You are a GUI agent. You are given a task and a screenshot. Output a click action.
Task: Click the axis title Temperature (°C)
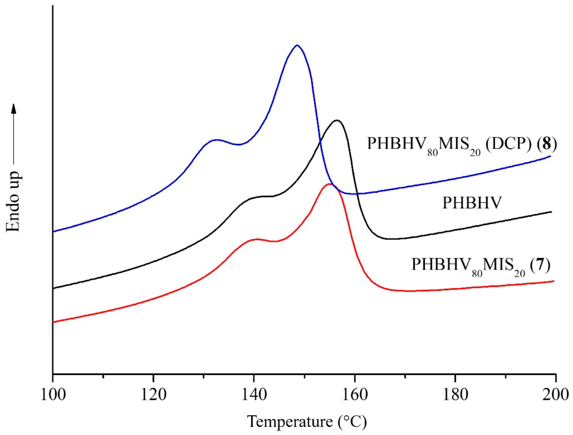click(x=307, y=422)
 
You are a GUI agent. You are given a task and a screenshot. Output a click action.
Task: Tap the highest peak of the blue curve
click(x=297, y=46)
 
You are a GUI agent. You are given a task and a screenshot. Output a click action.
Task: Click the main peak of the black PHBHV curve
click(x=337, y=120)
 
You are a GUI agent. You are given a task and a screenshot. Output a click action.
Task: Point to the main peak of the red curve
click(x=329, y=184)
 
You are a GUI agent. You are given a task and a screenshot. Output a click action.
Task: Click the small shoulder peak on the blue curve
click(x=216, y=140)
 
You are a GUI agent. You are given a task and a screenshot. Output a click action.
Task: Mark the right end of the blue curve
click(x=550, y=156)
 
